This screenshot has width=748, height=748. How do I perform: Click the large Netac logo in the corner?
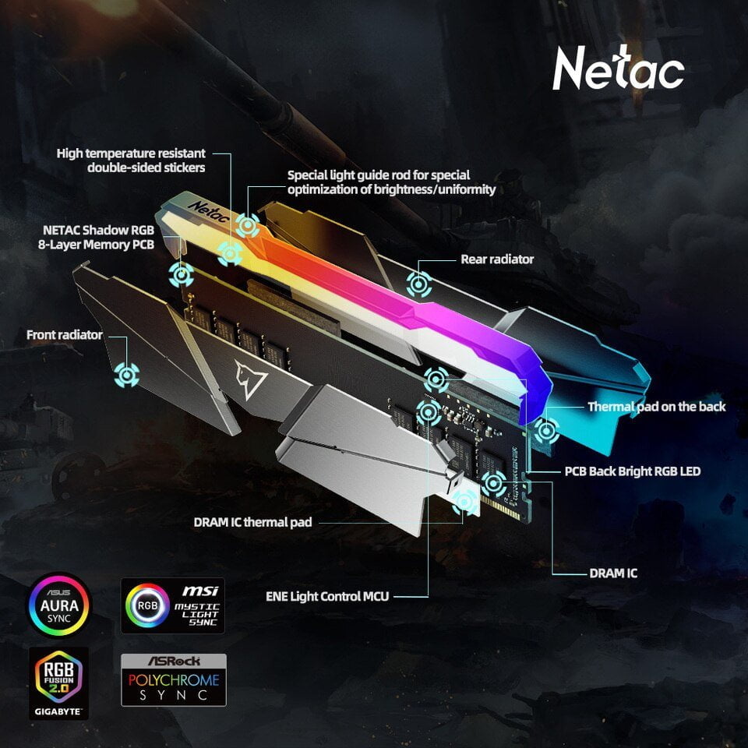(x=618, y=69)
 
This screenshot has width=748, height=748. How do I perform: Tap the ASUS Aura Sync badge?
(x=59, y=605)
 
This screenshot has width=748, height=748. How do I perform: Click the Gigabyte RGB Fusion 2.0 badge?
(x=58, y=683)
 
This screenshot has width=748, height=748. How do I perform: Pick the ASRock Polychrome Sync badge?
(x=174, y=679)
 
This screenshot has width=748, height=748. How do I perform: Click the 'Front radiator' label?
(x=65, y=335)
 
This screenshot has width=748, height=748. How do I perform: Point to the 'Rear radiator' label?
(x=497, y=259)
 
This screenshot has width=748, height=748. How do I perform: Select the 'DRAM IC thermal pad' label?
(x=252, y=522)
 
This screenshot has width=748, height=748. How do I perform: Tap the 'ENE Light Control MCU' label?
(x=327, y=596)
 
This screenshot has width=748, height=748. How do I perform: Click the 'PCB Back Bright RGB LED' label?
(x=633, y=471)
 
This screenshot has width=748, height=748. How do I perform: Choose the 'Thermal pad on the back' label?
(x=656, y=407)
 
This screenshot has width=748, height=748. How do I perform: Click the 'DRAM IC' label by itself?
(x=613, y=573)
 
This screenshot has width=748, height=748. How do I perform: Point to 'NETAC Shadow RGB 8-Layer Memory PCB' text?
(x=97, y=237)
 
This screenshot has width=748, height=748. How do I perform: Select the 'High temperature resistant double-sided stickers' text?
(x=131, y=161)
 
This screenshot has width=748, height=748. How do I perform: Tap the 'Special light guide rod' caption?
(x=392, y=182)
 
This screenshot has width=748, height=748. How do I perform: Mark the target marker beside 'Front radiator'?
(x=126, y=375)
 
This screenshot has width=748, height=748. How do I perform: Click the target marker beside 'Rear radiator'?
(x=419, y=284)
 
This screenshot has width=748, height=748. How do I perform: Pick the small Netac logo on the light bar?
(x=208, y=212)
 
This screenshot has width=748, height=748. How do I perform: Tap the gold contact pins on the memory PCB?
(x=500, y=507)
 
